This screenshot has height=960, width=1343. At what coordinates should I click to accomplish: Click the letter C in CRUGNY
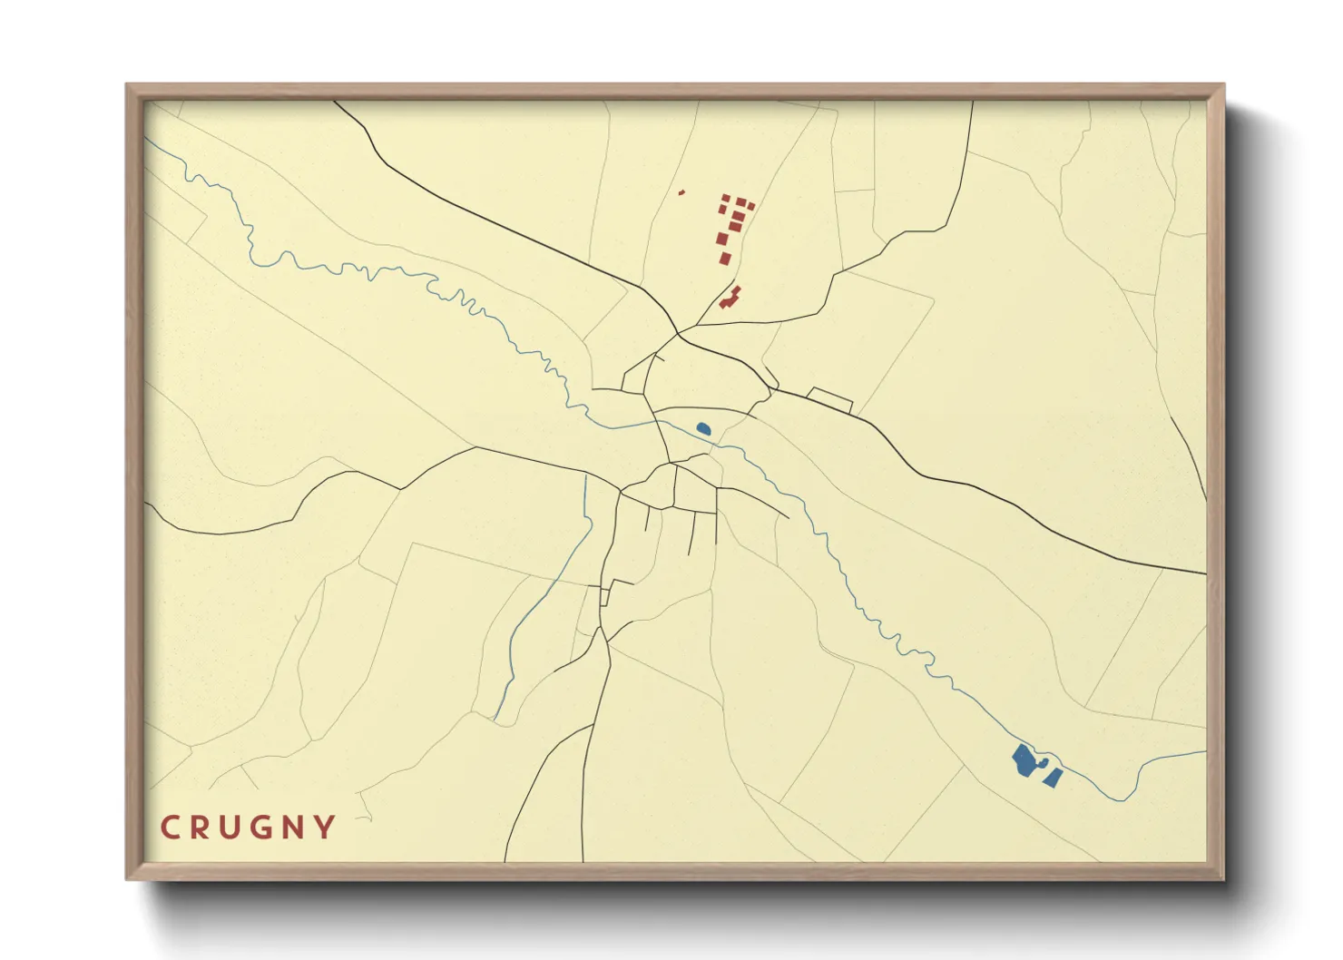tap(170, 828)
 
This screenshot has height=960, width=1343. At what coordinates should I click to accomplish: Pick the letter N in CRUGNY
tap(294, 828)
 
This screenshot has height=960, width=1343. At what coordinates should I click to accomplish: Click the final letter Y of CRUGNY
tap(325, 828)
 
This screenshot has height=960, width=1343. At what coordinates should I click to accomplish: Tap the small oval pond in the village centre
tap(702, 428)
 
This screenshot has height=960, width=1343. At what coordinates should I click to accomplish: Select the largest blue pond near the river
tap(1024, 760)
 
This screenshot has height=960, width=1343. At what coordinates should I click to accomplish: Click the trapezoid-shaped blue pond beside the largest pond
tap(1053, 777)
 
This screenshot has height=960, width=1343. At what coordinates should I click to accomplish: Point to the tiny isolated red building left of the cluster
tap(681, 191)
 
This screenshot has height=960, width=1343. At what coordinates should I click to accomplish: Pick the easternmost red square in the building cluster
tap(750, 207)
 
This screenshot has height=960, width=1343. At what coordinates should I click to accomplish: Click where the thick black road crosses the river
tap(660, 422)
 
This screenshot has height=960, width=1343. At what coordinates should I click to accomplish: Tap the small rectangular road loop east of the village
tap(829, 399)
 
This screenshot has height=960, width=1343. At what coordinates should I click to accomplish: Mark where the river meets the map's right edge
tap(1206, 751)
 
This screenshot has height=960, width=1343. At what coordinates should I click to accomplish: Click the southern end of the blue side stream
tap(495, 719)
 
